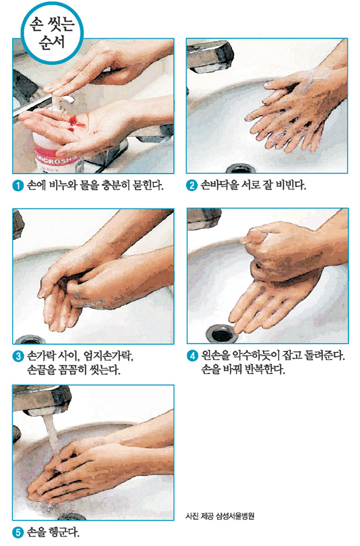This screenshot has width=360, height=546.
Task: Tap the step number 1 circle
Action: pos(18,186)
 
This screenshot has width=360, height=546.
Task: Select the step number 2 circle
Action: pos(192,185)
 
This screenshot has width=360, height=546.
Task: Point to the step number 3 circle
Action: pos(18,356)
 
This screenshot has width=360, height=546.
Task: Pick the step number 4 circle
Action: pos(192,356)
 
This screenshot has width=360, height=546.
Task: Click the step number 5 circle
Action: pos(18,533)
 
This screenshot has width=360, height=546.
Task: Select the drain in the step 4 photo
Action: pos(221,334)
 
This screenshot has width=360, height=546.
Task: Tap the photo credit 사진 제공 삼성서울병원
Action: pos(220,516)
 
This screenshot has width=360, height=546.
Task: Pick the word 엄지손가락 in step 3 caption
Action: pos(108,356)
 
